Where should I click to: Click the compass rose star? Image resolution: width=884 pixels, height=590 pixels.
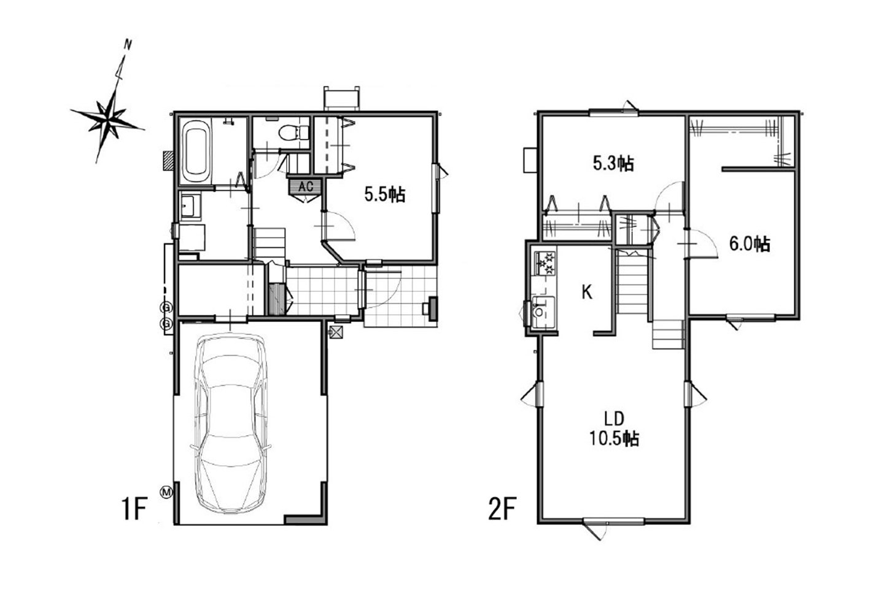(107, 119)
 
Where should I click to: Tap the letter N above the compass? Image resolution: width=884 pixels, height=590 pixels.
(127, 45)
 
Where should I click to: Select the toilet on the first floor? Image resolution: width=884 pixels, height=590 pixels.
(293, 132)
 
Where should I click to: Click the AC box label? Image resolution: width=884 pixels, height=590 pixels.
(306, 186)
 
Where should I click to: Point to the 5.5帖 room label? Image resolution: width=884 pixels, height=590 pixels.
(384, 194)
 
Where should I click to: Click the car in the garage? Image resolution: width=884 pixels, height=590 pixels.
(231, 423)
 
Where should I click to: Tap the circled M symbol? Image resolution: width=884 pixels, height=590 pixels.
(166, 492)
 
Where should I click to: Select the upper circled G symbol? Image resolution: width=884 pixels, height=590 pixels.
(166, 307)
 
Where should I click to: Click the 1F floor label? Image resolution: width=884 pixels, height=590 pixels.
(134, 509)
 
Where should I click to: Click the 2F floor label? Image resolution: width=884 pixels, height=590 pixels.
(502, 509)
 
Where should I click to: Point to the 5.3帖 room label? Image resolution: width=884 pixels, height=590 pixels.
(613, 163)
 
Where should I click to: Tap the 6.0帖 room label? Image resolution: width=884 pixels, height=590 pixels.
(749, 244)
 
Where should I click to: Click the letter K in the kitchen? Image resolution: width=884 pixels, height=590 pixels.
(587, 293)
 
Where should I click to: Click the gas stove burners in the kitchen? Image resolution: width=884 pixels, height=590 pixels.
(545, 263)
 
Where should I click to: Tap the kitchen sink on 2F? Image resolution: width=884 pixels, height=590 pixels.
(543, 312)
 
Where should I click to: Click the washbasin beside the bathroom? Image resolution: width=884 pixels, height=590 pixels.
(191, 205)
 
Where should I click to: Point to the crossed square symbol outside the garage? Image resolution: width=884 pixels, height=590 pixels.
(336, 332)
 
